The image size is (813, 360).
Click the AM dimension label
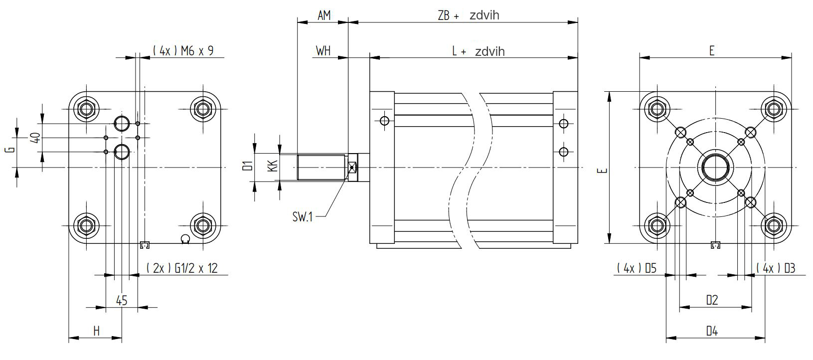324,15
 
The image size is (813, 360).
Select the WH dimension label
323,51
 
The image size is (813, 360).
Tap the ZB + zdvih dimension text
468,15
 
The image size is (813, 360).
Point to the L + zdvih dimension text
478,51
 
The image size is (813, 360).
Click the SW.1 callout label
303,217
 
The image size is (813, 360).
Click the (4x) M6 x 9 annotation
183,50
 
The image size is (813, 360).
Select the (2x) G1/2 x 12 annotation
182,268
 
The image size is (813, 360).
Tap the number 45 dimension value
122,301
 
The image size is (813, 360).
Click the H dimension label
97,331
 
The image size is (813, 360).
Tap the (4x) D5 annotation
637,268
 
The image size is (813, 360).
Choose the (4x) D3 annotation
776,268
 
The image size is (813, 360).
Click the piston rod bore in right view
715,167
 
